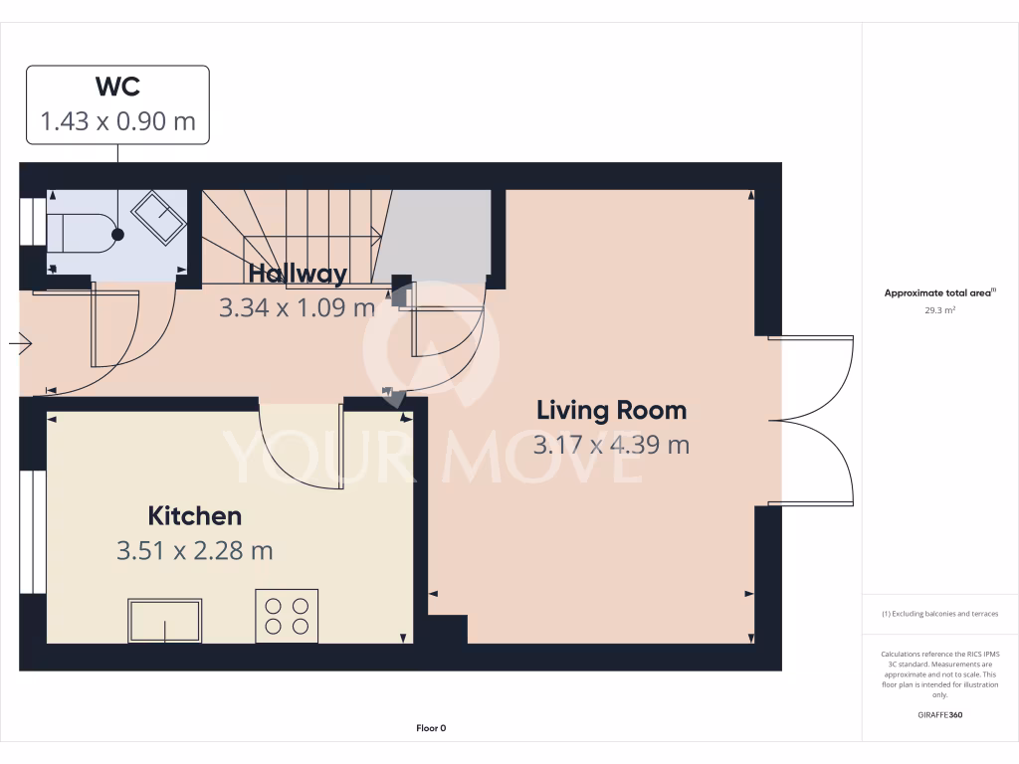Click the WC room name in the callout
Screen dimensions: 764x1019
point(117,87)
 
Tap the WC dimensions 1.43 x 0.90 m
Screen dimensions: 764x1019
point(117,121)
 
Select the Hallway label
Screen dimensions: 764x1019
point(298,274)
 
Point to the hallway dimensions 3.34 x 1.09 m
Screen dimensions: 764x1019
point(297,307)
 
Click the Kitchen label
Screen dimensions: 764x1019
point(195,516)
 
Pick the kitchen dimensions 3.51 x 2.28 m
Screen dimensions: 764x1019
point(195,550)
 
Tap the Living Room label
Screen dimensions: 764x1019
point(611,410)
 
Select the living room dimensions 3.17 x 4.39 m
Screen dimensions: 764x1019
point(611,445)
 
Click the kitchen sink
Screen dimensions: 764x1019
point(164,620)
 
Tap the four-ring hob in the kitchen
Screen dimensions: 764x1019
point(287,615)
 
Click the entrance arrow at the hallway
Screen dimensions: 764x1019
point(21,344)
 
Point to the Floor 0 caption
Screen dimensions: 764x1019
point(431,728)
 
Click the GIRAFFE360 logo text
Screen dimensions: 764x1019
point(940,714)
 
